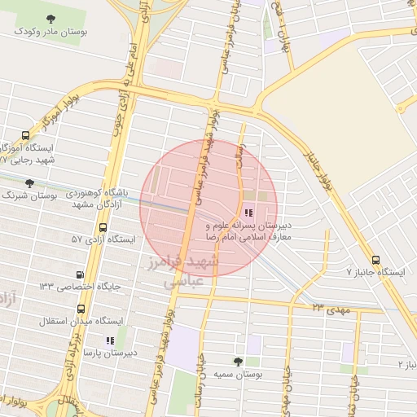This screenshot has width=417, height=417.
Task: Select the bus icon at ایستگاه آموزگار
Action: [25, 136]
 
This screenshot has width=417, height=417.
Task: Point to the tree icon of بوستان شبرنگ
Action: [30, 184]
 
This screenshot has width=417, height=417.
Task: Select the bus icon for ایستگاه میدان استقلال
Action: [80, 309]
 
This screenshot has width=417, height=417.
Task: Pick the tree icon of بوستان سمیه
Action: [239, 361]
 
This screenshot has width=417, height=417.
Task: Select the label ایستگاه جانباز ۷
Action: [375, 270]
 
